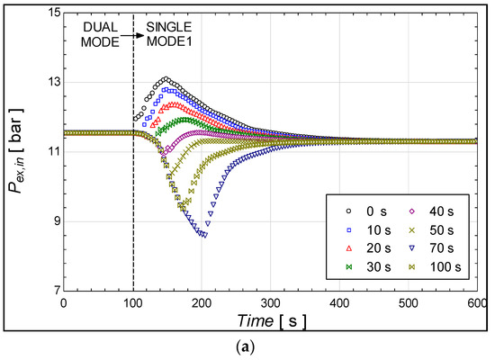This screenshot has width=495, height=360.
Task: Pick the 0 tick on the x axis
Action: (x=63, y=303)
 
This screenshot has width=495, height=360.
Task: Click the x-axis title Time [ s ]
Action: (x=269, y=321)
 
